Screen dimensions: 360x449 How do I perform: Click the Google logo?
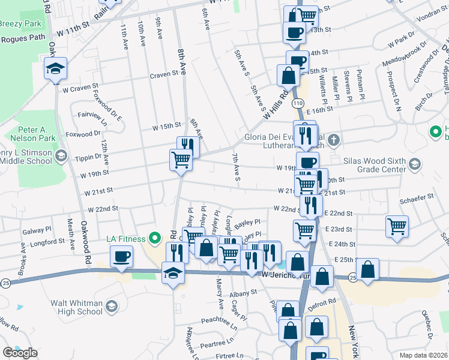[19, 353]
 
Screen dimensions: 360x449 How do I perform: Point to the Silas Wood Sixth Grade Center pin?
[414, 164]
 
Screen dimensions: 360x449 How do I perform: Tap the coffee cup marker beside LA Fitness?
[121, 256]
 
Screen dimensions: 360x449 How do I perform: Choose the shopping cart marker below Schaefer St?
[397, 227]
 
